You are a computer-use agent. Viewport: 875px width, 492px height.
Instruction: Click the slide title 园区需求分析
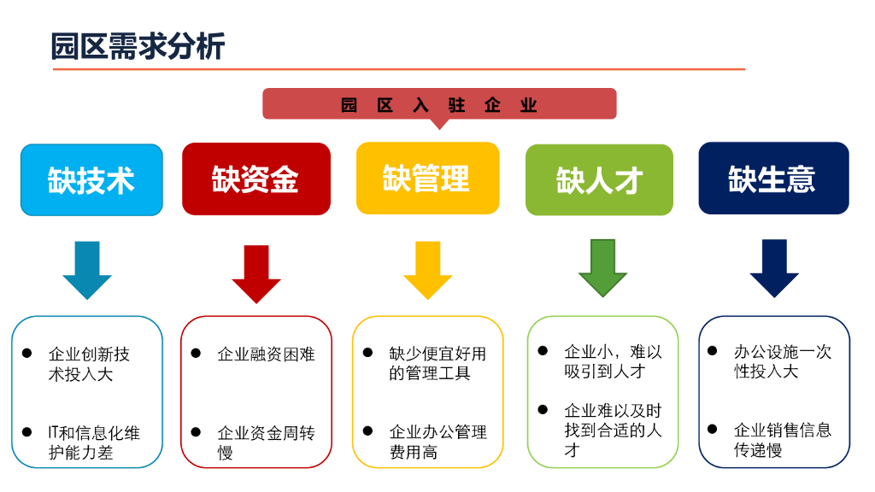[138, 45]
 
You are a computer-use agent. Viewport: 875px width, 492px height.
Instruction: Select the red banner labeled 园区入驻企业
[438, 104]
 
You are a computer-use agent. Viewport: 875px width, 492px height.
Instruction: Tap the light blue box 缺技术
[91, 179]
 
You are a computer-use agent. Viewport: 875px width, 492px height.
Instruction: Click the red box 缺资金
[255, 179]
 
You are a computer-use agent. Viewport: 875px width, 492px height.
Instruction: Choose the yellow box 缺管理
[427, 178]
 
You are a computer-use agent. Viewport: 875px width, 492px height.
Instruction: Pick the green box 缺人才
[599, 179]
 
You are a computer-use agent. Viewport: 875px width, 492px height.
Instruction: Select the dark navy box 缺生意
[773, 178]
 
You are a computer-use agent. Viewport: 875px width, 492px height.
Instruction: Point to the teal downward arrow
[87, 269]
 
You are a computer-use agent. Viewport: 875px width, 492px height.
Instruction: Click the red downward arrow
[255, 272]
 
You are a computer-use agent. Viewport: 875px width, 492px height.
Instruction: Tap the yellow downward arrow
[427, 269]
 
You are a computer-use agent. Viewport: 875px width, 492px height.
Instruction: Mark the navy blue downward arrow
[774, 267]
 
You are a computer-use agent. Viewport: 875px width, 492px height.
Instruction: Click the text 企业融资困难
[266, 354]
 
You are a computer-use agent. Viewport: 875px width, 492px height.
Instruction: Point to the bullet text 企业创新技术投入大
[89, 364]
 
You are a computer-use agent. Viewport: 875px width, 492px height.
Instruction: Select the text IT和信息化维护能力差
[93, 442]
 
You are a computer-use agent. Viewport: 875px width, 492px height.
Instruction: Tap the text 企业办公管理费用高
[437, 442]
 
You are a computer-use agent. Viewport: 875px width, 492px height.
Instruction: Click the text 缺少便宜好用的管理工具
[437, 363]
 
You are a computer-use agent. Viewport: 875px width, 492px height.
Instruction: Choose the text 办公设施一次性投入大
[782, 361]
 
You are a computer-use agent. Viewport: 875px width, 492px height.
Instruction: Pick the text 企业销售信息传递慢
[782, 440]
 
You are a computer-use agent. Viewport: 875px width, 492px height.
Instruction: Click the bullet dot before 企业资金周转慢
[196, 432]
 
